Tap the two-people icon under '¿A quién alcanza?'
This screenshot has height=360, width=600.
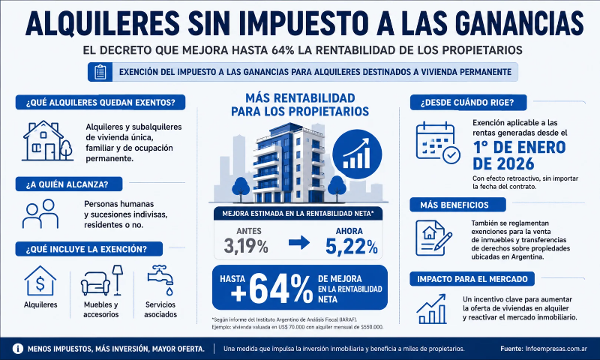[40, 214]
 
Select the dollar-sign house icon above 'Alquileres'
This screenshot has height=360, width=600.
[40, 281]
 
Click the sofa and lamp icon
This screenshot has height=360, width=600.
[102, 280]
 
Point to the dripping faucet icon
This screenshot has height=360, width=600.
[160, 280]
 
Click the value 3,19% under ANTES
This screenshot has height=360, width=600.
[246, 245]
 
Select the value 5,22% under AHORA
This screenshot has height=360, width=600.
[352, 245]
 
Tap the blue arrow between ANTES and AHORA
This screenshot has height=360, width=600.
[299, 242]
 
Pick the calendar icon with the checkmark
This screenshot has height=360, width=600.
[438, 142]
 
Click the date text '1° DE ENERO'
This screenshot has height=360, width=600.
[519, 147]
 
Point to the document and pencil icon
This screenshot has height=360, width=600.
[433, 238]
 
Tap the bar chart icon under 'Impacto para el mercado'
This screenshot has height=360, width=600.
[432, 309]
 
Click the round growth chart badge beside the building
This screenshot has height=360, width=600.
[357, 154]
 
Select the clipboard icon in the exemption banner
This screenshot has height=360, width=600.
[100, 72]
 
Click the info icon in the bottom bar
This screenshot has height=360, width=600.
[17, 349]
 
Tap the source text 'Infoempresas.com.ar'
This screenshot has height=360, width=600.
[556, 349]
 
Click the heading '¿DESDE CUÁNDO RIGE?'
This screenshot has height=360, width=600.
[467, 103]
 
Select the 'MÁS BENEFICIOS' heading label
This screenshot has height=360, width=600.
[454, 205]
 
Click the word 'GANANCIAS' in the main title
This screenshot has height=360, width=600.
[519, 23]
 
